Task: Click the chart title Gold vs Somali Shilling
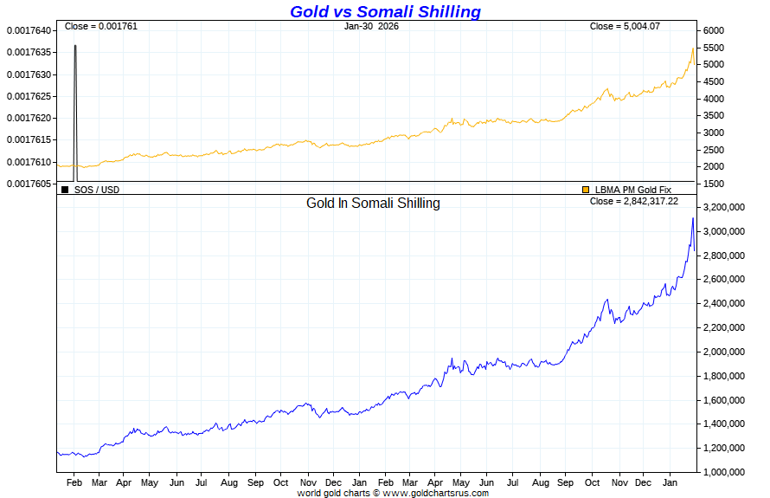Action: [x=385, y=11]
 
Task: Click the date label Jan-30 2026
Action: [x=371, y=26]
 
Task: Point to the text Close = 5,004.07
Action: [x=625, y=26]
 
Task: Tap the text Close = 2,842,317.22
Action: [x=633, y=201]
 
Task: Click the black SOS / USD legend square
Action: [x=65, y=189]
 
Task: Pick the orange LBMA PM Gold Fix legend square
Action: [x=586, y=189]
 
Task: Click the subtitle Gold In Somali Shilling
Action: [x=373, y=204]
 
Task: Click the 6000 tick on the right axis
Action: [x=714, y=30]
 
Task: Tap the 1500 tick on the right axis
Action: [x=714, y=184]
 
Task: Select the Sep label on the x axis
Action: [x=256, y=482]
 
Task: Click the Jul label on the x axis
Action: [x=202, y=482]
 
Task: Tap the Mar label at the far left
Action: [x=99, y=482]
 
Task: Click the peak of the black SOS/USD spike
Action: [x=75, y=45]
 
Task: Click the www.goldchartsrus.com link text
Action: [x=435, y=493]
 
